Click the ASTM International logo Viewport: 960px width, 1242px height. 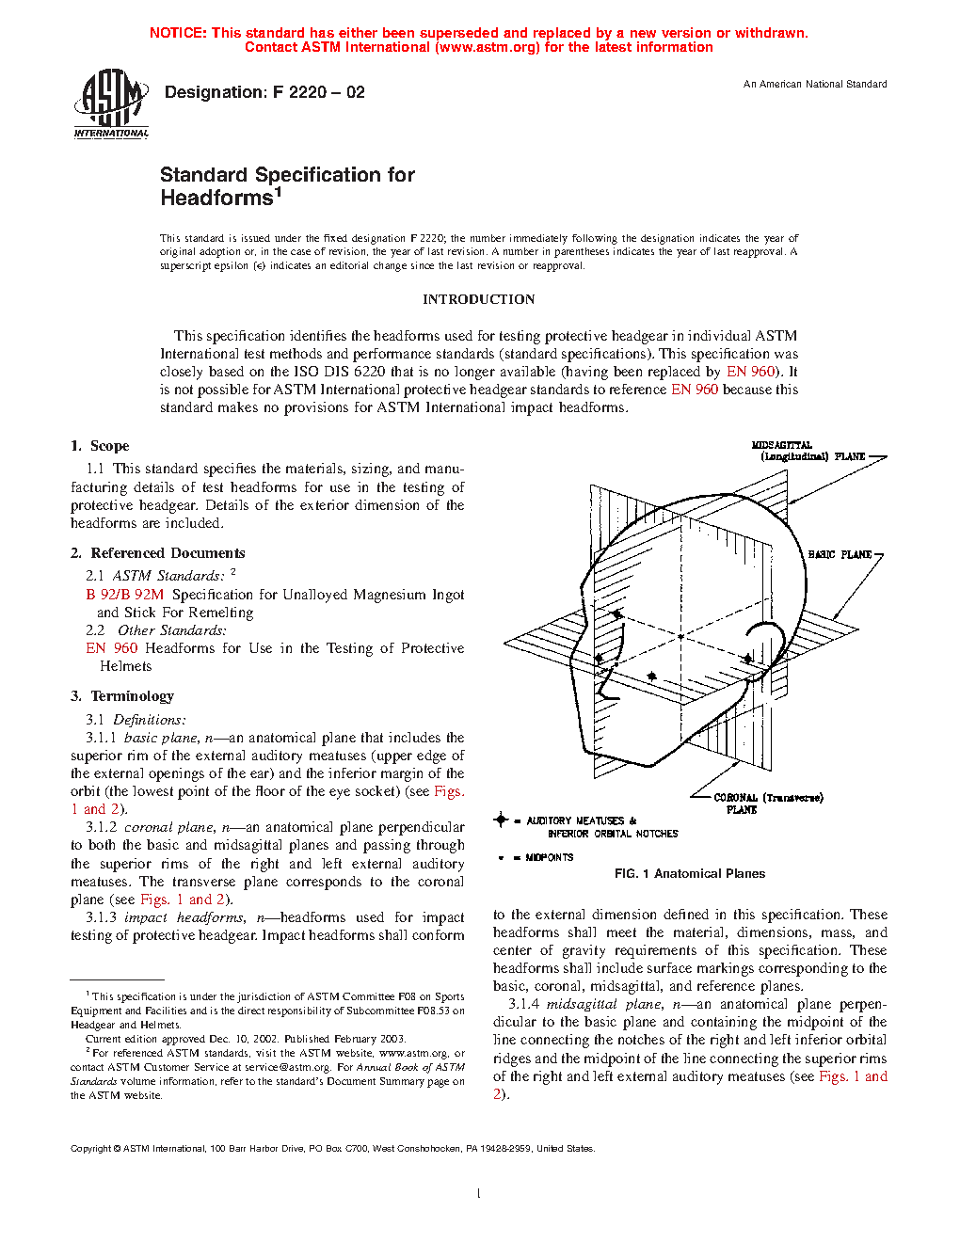111,104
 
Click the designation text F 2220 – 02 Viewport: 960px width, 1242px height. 264,92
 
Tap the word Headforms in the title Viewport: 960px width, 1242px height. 216,199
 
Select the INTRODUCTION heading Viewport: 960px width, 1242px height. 478,299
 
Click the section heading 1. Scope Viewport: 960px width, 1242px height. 100,446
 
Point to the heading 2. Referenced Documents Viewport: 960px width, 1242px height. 158,553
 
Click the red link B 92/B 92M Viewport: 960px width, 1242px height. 124,595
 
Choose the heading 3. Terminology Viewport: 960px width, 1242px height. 122,696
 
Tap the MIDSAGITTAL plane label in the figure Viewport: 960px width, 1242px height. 782,445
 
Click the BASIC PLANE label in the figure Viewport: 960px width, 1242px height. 840,555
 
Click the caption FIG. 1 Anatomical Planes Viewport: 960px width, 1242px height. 690,874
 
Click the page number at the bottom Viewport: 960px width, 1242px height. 479,1194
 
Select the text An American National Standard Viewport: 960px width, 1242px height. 815,85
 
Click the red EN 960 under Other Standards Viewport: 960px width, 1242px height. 111,648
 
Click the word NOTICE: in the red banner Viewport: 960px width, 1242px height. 178,33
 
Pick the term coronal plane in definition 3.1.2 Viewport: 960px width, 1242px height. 168,828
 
